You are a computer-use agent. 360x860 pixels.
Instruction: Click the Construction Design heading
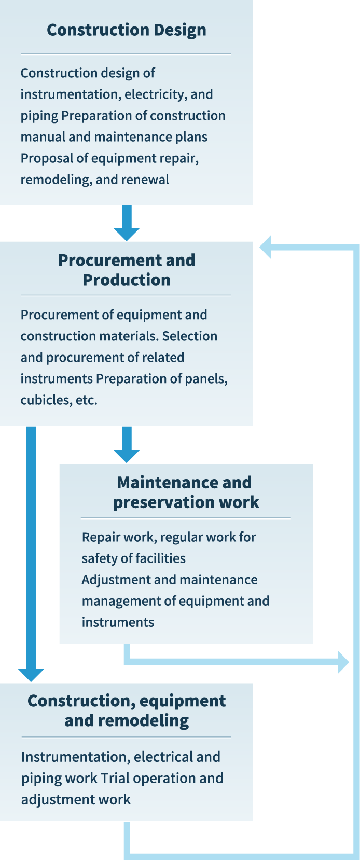(x=127, y=30)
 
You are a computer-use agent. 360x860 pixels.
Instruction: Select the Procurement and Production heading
(x=127, y=270)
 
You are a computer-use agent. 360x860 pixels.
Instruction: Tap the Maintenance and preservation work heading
(x=186, y=492)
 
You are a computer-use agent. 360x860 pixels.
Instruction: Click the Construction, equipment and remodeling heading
(x=127, y=711)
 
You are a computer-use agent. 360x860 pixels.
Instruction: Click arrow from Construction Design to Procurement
(x=127, y=223)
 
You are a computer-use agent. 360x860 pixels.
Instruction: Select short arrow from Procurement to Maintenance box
(x=127, y=445)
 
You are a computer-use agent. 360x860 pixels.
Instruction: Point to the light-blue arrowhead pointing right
(x=343, y=662)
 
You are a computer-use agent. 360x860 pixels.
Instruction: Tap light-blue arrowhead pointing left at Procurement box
(x=265, y=247)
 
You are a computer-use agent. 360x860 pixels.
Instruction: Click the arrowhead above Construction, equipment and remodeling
(x=31, y=674)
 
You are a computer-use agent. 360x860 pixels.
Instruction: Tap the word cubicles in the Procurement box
(x=40, y=400)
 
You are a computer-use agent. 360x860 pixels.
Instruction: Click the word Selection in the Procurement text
(x=190, y=336)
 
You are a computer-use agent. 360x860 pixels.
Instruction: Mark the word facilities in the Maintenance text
(x=161, y=558)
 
